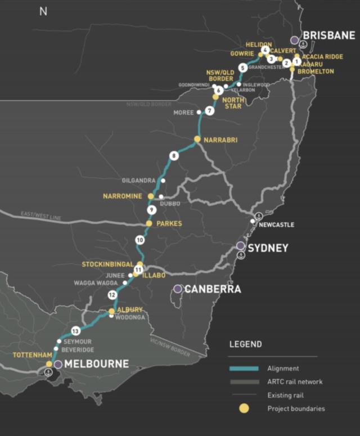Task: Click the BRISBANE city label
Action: (329, 35)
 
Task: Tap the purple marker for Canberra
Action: (178, 289)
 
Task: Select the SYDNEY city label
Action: (268, 248)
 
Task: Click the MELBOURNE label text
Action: (96, 364)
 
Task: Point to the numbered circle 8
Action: (174, 156)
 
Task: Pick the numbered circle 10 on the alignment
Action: (139, 240)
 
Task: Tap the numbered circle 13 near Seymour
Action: (76, 331)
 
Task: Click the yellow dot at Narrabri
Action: (197, 139)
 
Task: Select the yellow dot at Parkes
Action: (149, 223)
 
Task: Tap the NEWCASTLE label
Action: (276, 225)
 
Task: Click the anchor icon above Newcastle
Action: (258, 215)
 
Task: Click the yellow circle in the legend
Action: (244, 408)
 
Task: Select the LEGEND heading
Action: (245, 344)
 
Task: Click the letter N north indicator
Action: (43, 11)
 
